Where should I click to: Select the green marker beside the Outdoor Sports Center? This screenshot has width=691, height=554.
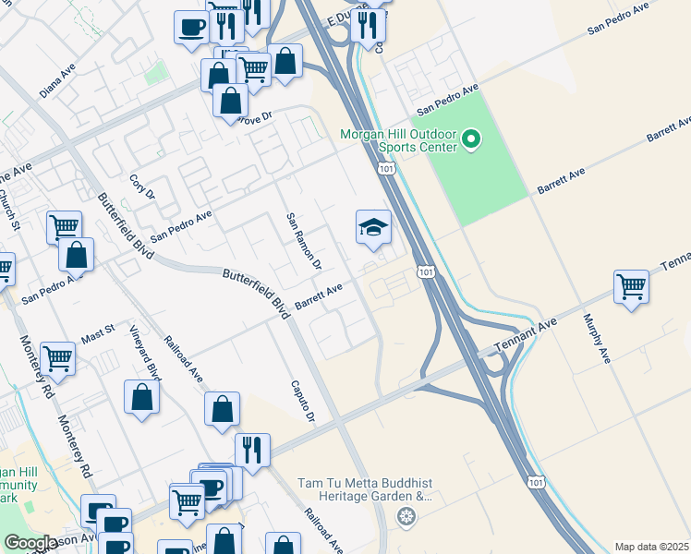tap(471, 140)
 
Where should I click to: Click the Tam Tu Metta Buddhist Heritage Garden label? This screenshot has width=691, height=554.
tap(365, 489)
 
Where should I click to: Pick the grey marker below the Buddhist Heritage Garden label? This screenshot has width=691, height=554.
tap(405, 516)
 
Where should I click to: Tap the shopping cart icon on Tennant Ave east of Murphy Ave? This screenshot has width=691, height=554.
tap(632, 286)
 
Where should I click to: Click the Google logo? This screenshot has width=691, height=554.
tap(30, 543)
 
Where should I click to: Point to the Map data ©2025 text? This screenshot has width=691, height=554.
tap(651, 547)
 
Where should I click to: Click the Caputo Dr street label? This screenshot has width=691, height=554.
tap(304, 402)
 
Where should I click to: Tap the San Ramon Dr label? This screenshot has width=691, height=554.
tap(302, 241)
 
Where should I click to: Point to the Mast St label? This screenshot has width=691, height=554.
tap(97, 329)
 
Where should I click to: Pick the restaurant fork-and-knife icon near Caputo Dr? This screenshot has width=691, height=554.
tap(251, 450)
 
